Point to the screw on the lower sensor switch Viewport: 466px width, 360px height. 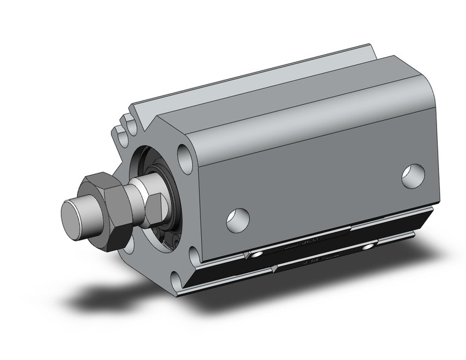368,247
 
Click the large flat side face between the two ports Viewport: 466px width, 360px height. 319,184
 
